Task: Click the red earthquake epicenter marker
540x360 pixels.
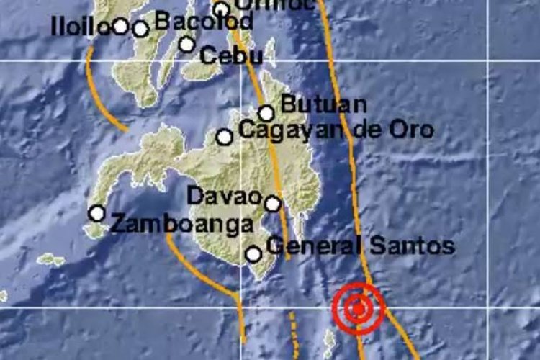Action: (x=359, y=309)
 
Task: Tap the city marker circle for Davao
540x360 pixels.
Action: (x=273, y=204)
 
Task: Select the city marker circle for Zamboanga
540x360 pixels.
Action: (x=96, y=213)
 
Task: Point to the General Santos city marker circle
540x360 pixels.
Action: (x=253, y=253)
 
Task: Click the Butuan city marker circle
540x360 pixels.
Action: (x=266, y=113)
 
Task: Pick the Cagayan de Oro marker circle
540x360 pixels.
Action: (x=225, y=137)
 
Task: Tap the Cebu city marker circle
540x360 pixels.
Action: (x=187, y=44)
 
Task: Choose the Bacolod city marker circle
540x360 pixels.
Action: (x=140, y=29)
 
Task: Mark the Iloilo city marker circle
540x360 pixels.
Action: (x=120, y=27)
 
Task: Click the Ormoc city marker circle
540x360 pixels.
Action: (x=221, y=9)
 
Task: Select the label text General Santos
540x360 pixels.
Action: (x=360, y=246)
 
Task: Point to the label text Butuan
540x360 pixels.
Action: (x=323, y=104)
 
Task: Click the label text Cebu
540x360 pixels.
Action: (x=221, y=55)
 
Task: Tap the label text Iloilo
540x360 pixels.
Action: (x=79, y=27)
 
